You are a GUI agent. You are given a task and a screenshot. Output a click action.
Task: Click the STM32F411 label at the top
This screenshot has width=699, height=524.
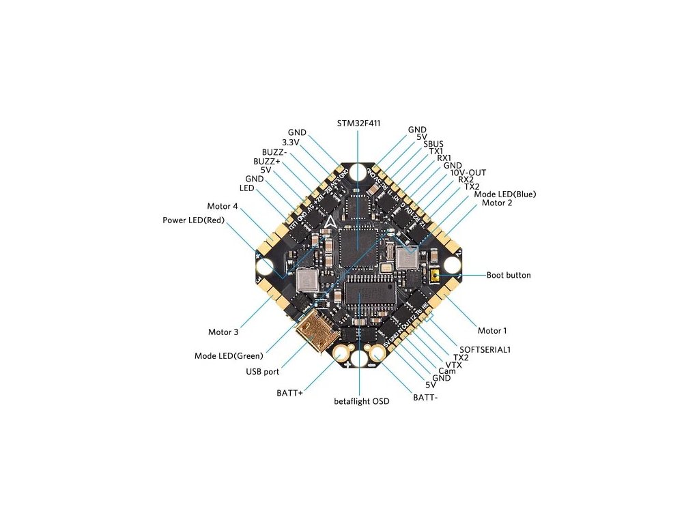[358, 123]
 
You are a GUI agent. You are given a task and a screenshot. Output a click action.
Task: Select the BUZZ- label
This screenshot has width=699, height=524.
[275, 151]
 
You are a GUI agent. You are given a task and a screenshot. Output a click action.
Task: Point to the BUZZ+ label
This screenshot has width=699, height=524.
[266, 161]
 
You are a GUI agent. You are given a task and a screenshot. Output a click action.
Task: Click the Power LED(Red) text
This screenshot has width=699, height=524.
[193, 220]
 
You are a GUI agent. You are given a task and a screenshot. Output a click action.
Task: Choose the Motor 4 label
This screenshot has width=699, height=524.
[223, 206]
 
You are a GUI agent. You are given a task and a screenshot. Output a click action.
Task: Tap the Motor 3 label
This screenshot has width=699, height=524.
[223, 332]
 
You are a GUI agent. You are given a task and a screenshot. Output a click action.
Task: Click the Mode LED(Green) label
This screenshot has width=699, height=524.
[229, 355]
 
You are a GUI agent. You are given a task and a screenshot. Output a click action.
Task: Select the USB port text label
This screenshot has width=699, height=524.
[262, 372]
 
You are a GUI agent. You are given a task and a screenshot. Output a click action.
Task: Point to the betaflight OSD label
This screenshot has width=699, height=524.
[361, 401]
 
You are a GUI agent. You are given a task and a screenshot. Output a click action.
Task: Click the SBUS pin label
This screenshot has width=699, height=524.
[433, 144]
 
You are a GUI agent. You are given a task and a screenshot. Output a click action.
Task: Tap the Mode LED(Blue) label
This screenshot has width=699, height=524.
[505, 194]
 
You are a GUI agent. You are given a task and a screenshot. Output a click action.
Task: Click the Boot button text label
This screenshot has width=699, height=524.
[508, 276]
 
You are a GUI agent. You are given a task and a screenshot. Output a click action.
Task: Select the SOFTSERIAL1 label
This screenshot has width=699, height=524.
[485, 349]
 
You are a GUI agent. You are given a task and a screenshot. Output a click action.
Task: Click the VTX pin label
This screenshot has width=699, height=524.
[453, 365]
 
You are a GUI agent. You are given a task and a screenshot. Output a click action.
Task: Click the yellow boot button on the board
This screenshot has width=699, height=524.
[434, 276]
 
